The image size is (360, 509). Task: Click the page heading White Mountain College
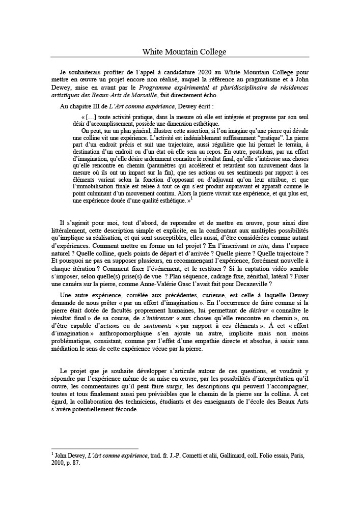click(x=184, y=51)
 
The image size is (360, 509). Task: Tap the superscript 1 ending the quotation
click(x=191, y=199)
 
